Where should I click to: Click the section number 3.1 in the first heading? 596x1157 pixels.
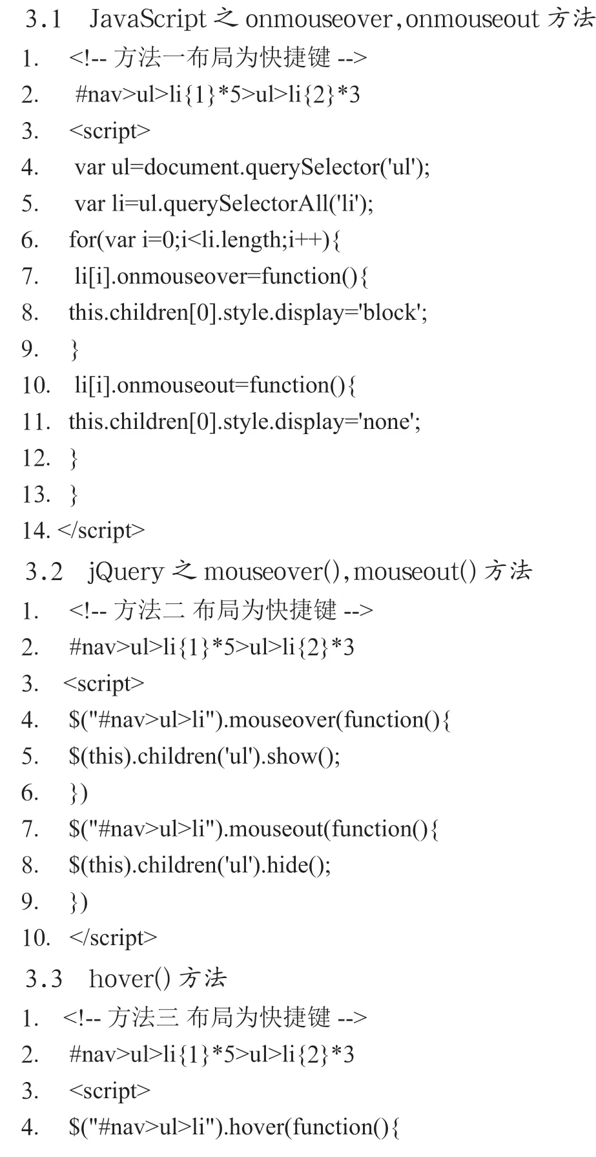43,19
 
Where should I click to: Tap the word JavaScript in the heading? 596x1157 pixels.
147,19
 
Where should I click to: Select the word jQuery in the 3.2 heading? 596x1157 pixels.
126,572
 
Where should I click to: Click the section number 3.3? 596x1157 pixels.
43,979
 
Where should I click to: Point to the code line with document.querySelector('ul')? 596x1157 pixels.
252,167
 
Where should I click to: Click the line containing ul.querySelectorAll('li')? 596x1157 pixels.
224,204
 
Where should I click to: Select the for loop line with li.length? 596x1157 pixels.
205,240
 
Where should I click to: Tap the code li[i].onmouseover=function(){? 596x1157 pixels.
221,277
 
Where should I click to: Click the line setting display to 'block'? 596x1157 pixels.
248,313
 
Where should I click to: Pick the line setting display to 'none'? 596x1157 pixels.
245,422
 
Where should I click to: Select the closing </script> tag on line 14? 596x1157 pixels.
101,531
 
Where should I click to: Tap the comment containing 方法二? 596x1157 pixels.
221,610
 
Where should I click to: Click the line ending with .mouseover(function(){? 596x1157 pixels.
260,720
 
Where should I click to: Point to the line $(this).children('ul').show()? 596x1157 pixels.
205,756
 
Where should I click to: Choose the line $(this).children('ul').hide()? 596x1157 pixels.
200,864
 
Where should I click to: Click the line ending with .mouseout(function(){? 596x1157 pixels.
254,828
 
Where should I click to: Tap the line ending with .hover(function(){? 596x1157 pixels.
234,1127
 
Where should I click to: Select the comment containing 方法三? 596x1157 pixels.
215,1018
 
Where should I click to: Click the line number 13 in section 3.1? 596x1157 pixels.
36,495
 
